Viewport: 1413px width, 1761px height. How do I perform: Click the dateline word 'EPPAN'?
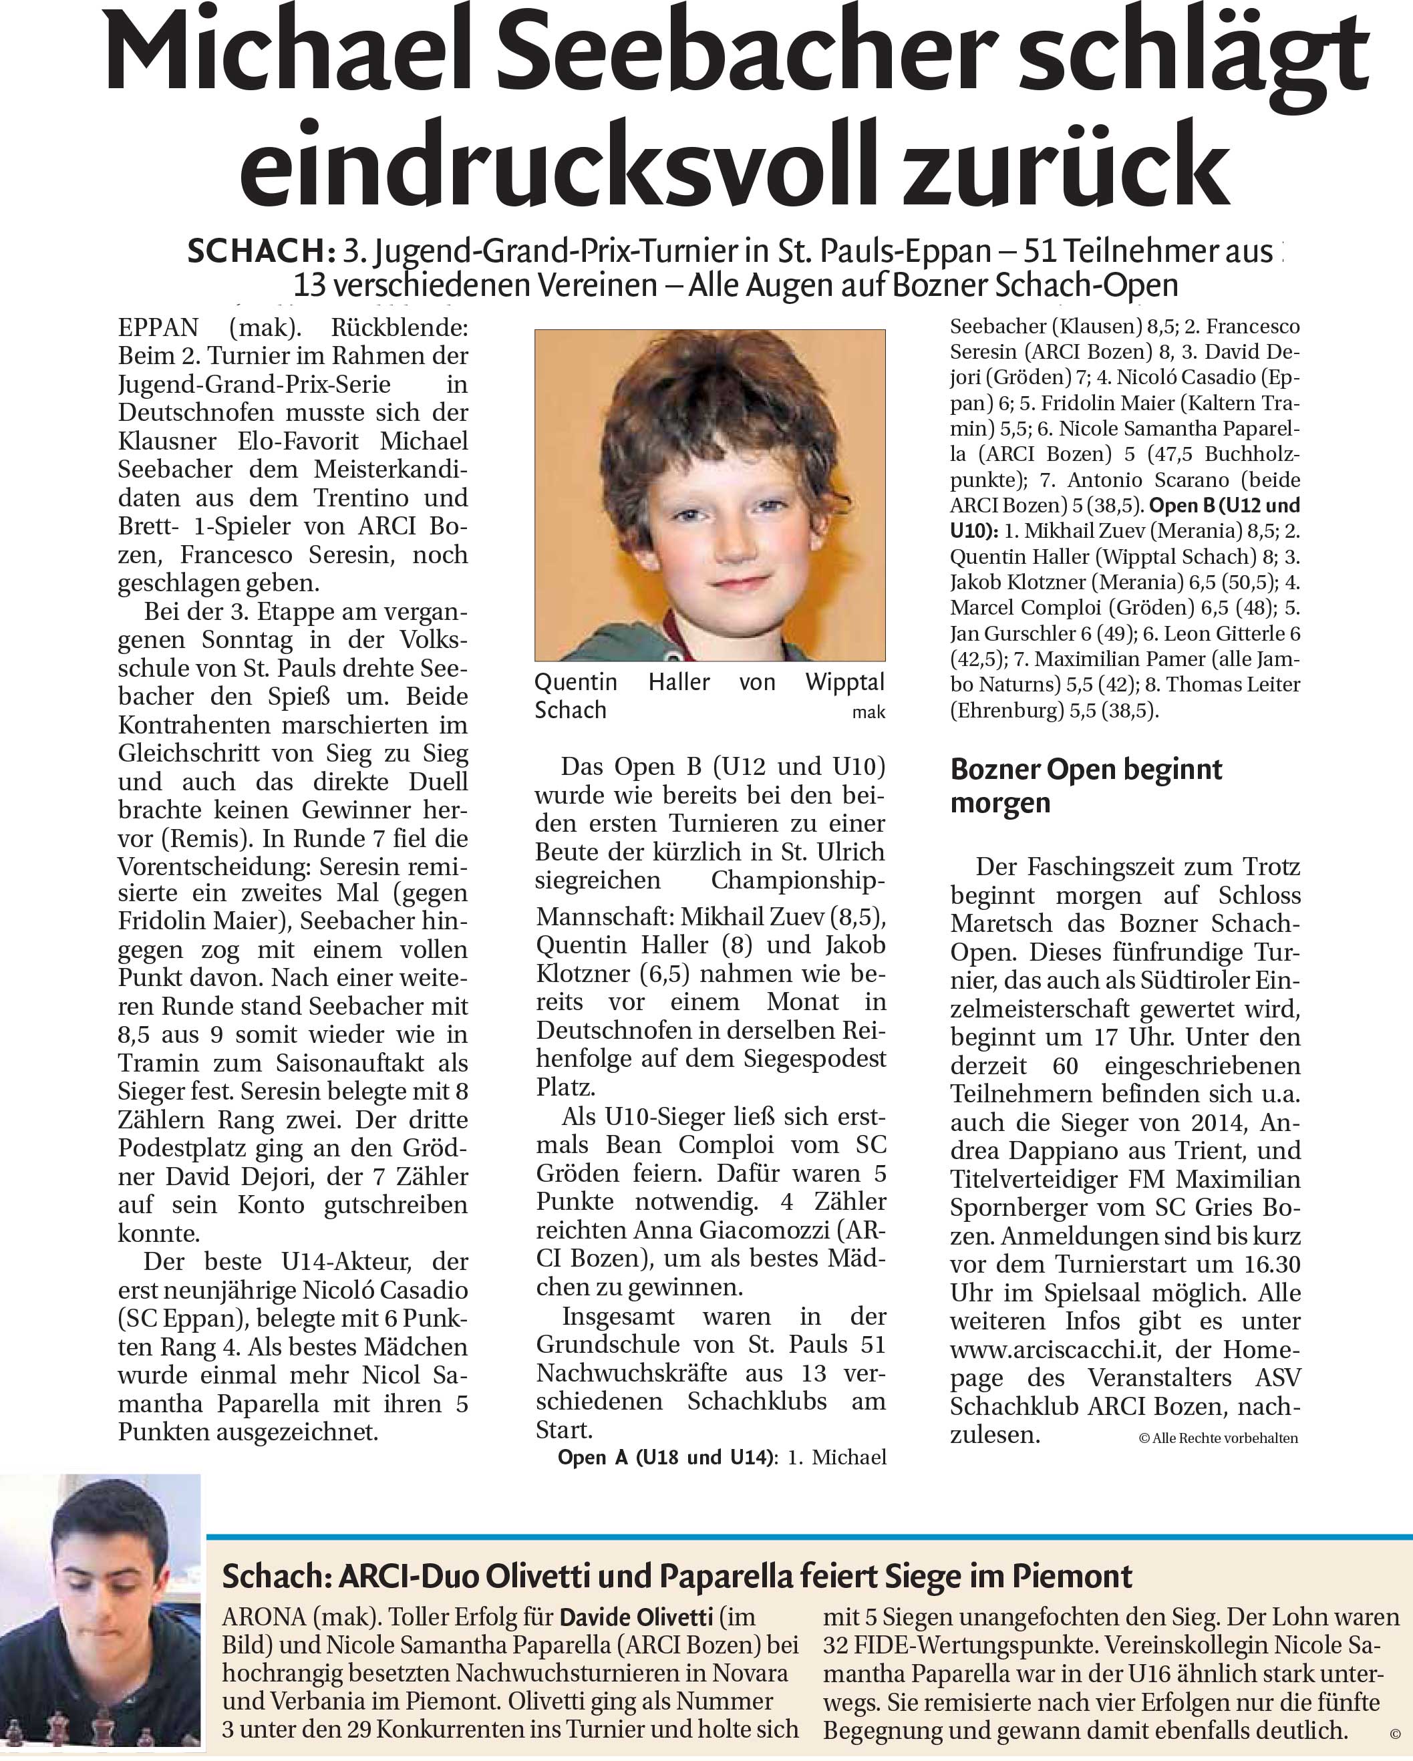click(x=158, y=328)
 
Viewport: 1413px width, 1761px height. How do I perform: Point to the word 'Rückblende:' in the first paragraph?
click(x=400, y=328)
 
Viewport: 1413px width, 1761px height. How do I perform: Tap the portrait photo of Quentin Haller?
click(x=710, y=494)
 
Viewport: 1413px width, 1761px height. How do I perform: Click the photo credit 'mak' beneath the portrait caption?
click(x=869, y=712)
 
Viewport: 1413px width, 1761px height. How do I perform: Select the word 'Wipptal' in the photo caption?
click(x=844, y=682)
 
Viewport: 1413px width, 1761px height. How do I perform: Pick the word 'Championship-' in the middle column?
click(x=798, y=880)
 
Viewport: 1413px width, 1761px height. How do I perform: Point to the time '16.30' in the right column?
click(x=1272, y=1265)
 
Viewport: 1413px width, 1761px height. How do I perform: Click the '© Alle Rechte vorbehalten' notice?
click(x=1218, y=1438)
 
